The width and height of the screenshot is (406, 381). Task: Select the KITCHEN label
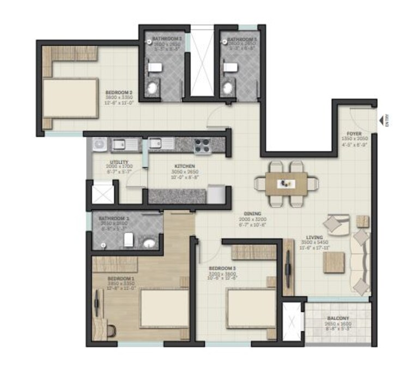(185, 166)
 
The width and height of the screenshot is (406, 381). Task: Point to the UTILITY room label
(119, 162)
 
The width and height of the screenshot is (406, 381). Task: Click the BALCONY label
(338, 318)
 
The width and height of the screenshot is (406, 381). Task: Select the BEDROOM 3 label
(223, 268)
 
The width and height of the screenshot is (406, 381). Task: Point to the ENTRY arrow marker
(380, 120)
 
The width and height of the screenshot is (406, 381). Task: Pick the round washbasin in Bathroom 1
(149, 243)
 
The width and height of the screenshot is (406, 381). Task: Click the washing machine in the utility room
(100, 144)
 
